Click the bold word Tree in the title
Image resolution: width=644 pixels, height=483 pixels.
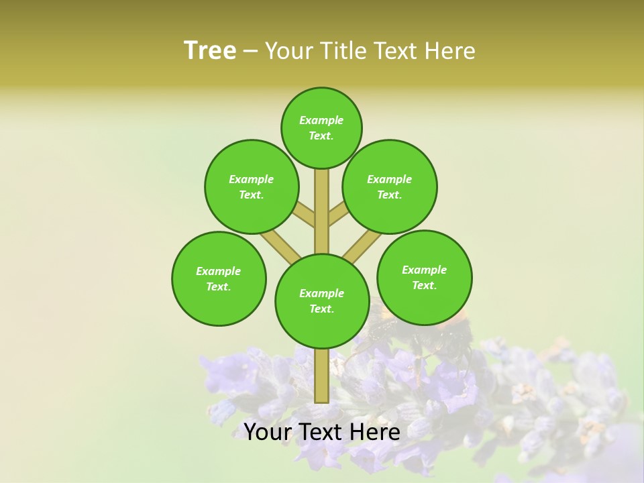coord(210,50)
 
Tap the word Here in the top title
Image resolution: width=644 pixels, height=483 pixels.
coord(450,51)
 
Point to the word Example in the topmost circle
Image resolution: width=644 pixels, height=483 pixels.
coord(321,121)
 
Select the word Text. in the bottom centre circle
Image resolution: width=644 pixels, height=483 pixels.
coord(322,309)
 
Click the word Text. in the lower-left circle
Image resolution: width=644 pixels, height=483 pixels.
coord(219,287)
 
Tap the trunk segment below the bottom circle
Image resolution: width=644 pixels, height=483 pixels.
coord(322,376)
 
